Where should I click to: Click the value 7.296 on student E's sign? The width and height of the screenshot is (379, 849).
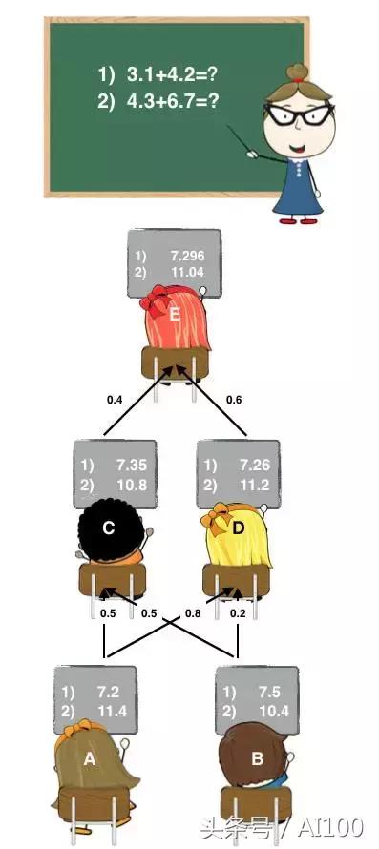coord(187,257)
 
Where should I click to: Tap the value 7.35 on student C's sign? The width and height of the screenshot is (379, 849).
coord(128,466)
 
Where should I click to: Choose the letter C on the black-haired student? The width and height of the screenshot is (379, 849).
coord(109,527)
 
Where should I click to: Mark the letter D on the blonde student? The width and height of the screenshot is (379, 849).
coord(239,527)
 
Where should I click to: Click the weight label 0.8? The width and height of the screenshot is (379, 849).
coord(194,613)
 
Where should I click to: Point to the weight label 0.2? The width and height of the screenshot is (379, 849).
coord(238,613)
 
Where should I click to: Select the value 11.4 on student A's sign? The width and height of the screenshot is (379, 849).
coord(106,711)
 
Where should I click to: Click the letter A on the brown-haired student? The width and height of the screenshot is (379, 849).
coord(91,759)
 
